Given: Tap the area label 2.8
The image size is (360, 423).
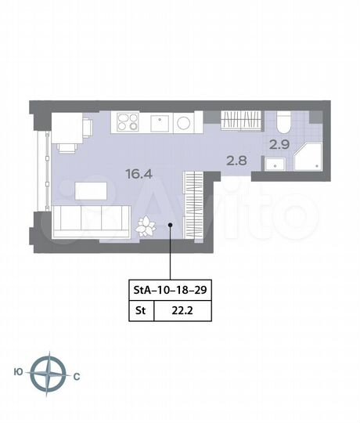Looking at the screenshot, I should point(236,160).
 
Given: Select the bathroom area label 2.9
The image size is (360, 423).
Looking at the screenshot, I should point(279,144).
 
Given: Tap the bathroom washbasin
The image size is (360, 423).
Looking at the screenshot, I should point(273,164).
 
